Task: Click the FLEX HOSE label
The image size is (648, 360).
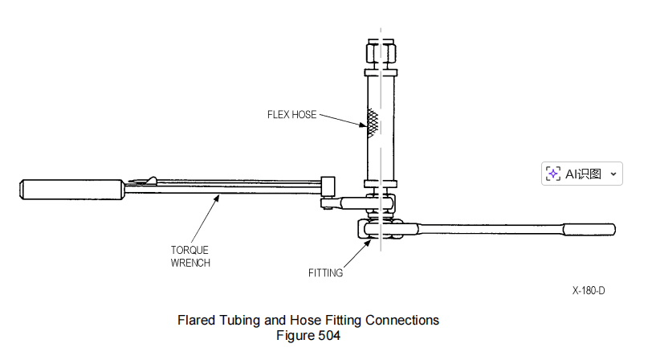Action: [x=291, y=115]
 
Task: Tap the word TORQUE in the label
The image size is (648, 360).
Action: [x=190, y=250]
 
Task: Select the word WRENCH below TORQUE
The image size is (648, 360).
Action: [x=190, y=263]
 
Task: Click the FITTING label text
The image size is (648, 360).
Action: [x=326, y=272]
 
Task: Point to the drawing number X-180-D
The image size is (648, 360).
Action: [x=589, y=290]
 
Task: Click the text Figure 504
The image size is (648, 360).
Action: [x=308, y=335]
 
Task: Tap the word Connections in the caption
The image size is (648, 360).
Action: [x=402, y=320]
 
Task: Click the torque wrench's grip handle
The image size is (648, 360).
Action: [x=71, y=190]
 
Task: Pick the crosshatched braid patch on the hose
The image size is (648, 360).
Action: [x=373, y=123]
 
